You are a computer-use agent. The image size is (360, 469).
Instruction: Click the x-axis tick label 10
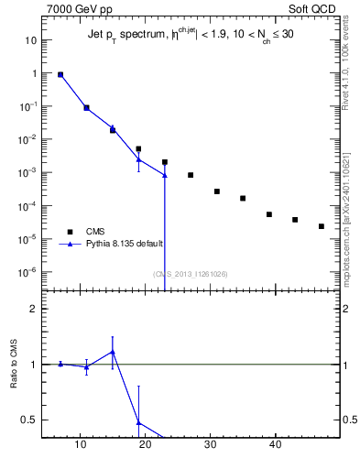[81, 446]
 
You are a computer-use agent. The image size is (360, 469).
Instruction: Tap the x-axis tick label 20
[146, 446]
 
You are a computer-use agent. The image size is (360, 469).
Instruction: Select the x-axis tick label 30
[211, 446]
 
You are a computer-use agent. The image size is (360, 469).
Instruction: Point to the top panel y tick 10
[30, 40]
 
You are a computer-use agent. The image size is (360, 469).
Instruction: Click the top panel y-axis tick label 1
[33, 73]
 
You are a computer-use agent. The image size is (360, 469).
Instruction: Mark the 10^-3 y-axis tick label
[27, 172]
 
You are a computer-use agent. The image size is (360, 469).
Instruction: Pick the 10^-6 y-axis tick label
[27, 271]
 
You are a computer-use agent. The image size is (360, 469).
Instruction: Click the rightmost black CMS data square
[322, 226]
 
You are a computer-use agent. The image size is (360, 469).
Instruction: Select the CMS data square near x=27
[191, 175]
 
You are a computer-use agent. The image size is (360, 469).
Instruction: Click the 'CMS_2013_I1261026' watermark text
[191, 274]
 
